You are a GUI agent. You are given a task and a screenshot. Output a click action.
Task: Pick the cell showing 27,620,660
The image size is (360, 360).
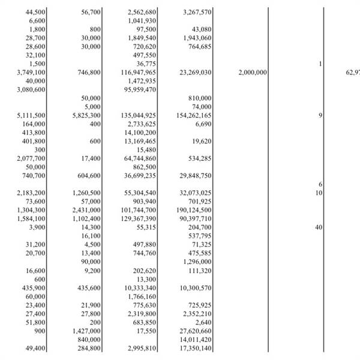195,331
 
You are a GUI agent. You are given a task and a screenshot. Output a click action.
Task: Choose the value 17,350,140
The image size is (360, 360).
195,349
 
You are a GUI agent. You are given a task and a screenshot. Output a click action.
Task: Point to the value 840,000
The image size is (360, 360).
88,340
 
